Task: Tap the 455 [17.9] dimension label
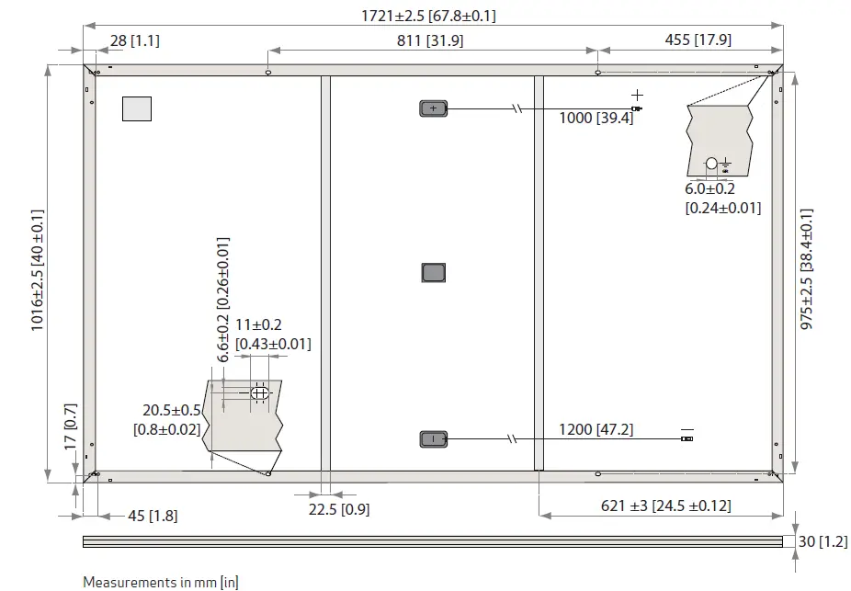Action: pyautogui.click(x=698, y=40)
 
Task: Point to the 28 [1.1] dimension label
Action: pyautogui.click(x=135, y=40)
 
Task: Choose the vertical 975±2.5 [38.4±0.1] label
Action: pyautogui.click(x=807, y=270)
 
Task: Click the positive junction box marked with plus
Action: pyautogui.click(x=433, y=108)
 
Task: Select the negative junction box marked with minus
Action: pyautogui.click(x=433, y=439)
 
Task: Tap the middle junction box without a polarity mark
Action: pyautogui.click(x=433, y=273)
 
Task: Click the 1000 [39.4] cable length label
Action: pyautogui.click(x=596, y=119)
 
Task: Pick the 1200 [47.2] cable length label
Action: pyautogui.click(x=596, y=429)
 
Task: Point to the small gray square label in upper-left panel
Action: pyautogui.click(x=137, y=108)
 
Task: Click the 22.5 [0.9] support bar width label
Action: pyautogui.click(x=339, y=509)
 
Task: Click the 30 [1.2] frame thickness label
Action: pyautogui.click(x=822, y=541)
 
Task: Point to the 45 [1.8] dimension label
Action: pyautogui.click(x=139, y=516)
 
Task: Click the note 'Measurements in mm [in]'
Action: pyautogui.click(x=161, y=582)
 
